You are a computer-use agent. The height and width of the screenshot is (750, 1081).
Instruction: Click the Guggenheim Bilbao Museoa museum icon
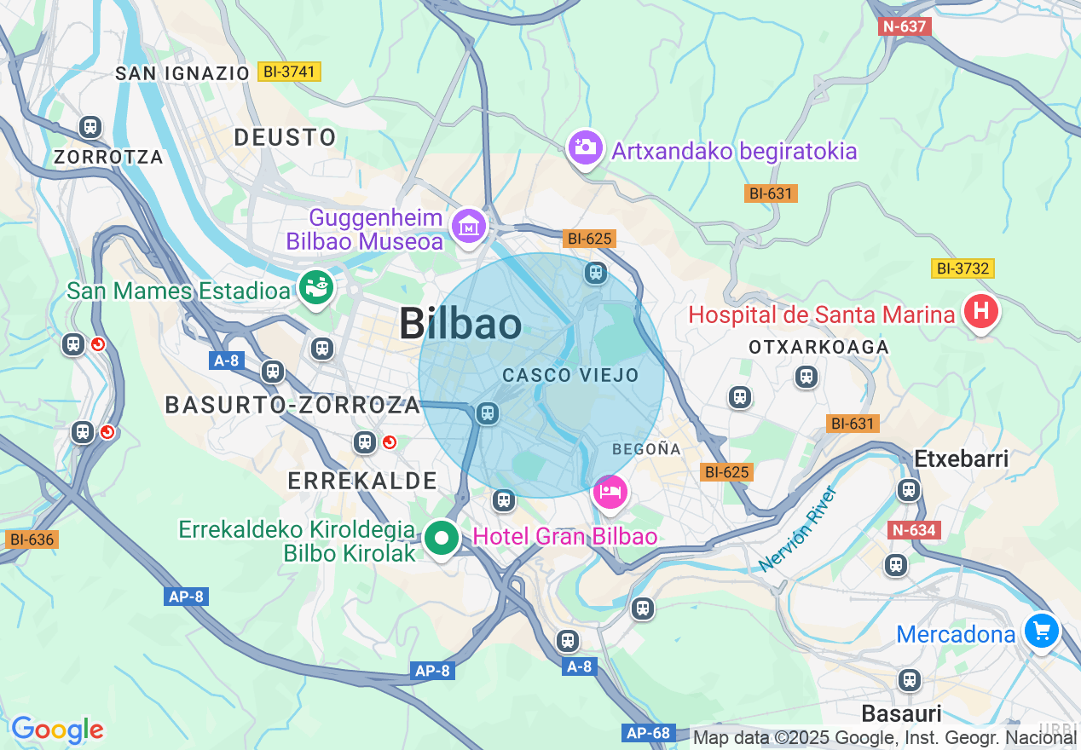tap(469, 226)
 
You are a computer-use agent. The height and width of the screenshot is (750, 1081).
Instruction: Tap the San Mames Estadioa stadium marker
tap(316, 289)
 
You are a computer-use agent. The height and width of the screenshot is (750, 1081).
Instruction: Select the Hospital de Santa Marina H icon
tap(980, 313)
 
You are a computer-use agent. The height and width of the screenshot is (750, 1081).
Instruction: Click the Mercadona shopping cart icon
tap(1041, 632)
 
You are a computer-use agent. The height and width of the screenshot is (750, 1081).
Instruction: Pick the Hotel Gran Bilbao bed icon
tap(610, 492)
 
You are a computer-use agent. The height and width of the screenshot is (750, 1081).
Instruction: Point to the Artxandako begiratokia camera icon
tap(585, 147)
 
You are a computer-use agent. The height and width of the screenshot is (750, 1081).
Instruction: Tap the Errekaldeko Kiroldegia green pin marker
tap(442, 538)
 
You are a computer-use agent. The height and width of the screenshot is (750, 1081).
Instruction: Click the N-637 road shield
tap(905, 26)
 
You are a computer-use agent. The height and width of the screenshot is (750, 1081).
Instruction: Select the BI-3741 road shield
tap(289, 72)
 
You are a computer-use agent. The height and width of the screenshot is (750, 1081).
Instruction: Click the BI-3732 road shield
tap(962, 268)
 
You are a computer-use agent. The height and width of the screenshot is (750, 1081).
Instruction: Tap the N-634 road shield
tap(915, 530)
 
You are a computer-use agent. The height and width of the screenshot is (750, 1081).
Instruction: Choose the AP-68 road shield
tap(650, 733)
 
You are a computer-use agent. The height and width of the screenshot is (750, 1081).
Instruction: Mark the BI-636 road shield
tap(32, 539)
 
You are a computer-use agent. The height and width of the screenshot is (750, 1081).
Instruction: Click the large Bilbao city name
tap(460, 324)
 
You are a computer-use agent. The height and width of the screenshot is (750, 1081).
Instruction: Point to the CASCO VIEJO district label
tap(570, 375)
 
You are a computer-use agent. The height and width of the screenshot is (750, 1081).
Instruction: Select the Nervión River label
tap(798, 528)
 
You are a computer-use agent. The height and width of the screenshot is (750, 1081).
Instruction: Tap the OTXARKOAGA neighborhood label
tap(818, 347)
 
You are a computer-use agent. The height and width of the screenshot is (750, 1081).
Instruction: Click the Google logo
tap(57, 730)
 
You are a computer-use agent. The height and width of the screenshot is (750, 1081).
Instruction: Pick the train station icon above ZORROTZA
tap(90, 128)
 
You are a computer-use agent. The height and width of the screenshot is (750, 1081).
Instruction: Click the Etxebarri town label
tap(961, 459)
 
